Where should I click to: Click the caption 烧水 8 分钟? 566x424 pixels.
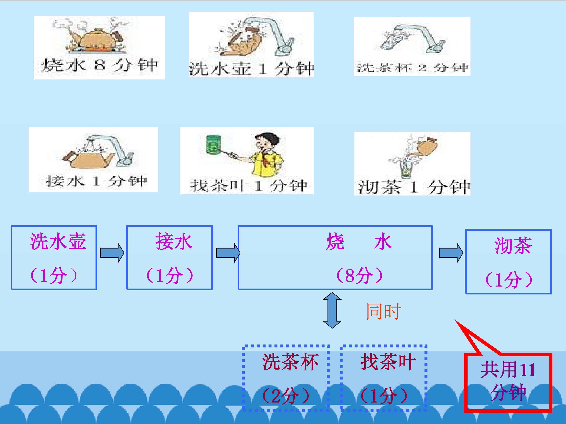pyautogui.click(x=99, y=65)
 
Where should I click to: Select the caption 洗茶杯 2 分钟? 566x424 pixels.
pyautogui.click(x=412, y=68)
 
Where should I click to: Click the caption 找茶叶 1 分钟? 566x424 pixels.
pyautogui.click(x=248, y=185)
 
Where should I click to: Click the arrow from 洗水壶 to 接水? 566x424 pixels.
pyautogui.click(x=112, y=253)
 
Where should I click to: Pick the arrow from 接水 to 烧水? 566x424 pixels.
pyautogui.click(x=228, y=253)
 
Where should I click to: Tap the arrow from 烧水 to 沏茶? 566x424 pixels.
pyautogui.click(x=451, y=253)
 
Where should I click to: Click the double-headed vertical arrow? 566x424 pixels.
pyautogui.click(x=332, y=310)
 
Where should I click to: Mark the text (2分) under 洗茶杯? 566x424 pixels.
pyautogui.click(x=286, y=396)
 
